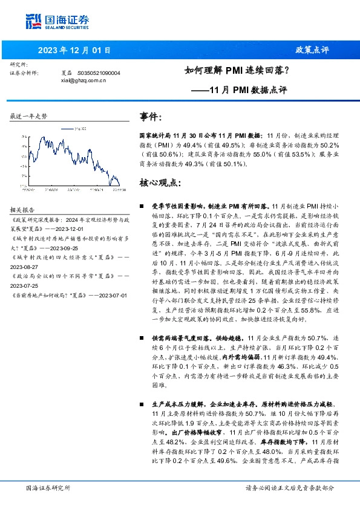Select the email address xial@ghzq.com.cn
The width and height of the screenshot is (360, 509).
coord(83,80)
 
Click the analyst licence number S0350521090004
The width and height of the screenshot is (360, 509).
coord(99,73)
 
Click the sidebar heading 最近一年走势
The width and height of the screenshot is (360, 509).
coord(28,115)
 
